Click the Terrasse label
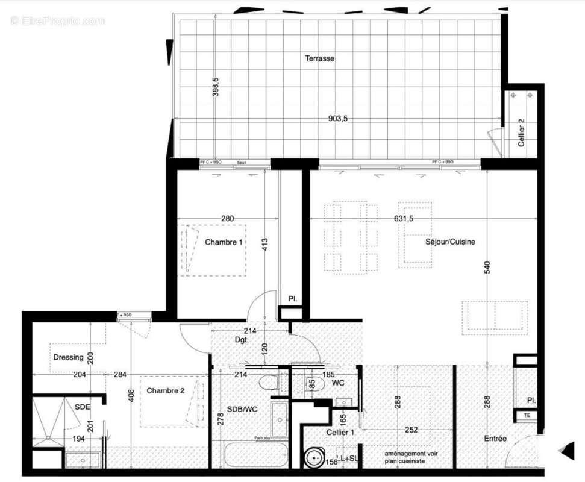[319, 58]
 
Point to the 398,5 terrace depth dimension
[216, 87]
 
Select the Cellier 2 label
[522, 133]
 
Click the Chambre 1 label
[224, 242]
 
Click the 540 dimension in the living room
[488, 268]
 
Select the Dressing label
[68, 357]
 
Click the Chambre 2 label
[165, 390]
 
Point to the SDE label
[83, 407]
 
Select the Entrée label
[495, 439]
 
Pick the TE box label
[527, 416]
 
